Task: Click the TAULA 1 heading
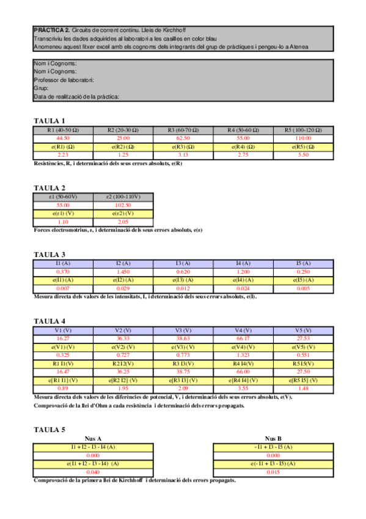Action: point(49,121)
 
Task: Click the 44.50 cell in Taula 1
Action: point(63,139)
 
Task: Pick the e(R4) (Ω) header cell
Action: point(243,147)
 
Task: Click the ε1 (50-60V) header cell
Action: point(63,197)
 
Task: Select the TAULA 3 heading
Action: point(49,254)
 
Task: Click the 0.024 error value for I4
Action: point(243,288)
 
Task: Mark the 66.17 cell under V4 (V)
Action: point(243,338)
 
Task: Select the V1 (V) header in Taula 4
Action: point(63,330)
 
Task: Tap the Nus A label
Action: point(93,439)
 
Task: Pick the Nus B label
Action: point(273,439)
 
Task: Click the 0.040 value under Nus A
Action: point(93,472)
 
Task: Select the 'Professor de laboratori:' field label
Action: point(64,80)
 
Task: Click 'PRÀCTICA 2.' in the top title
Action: point(52,30)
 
